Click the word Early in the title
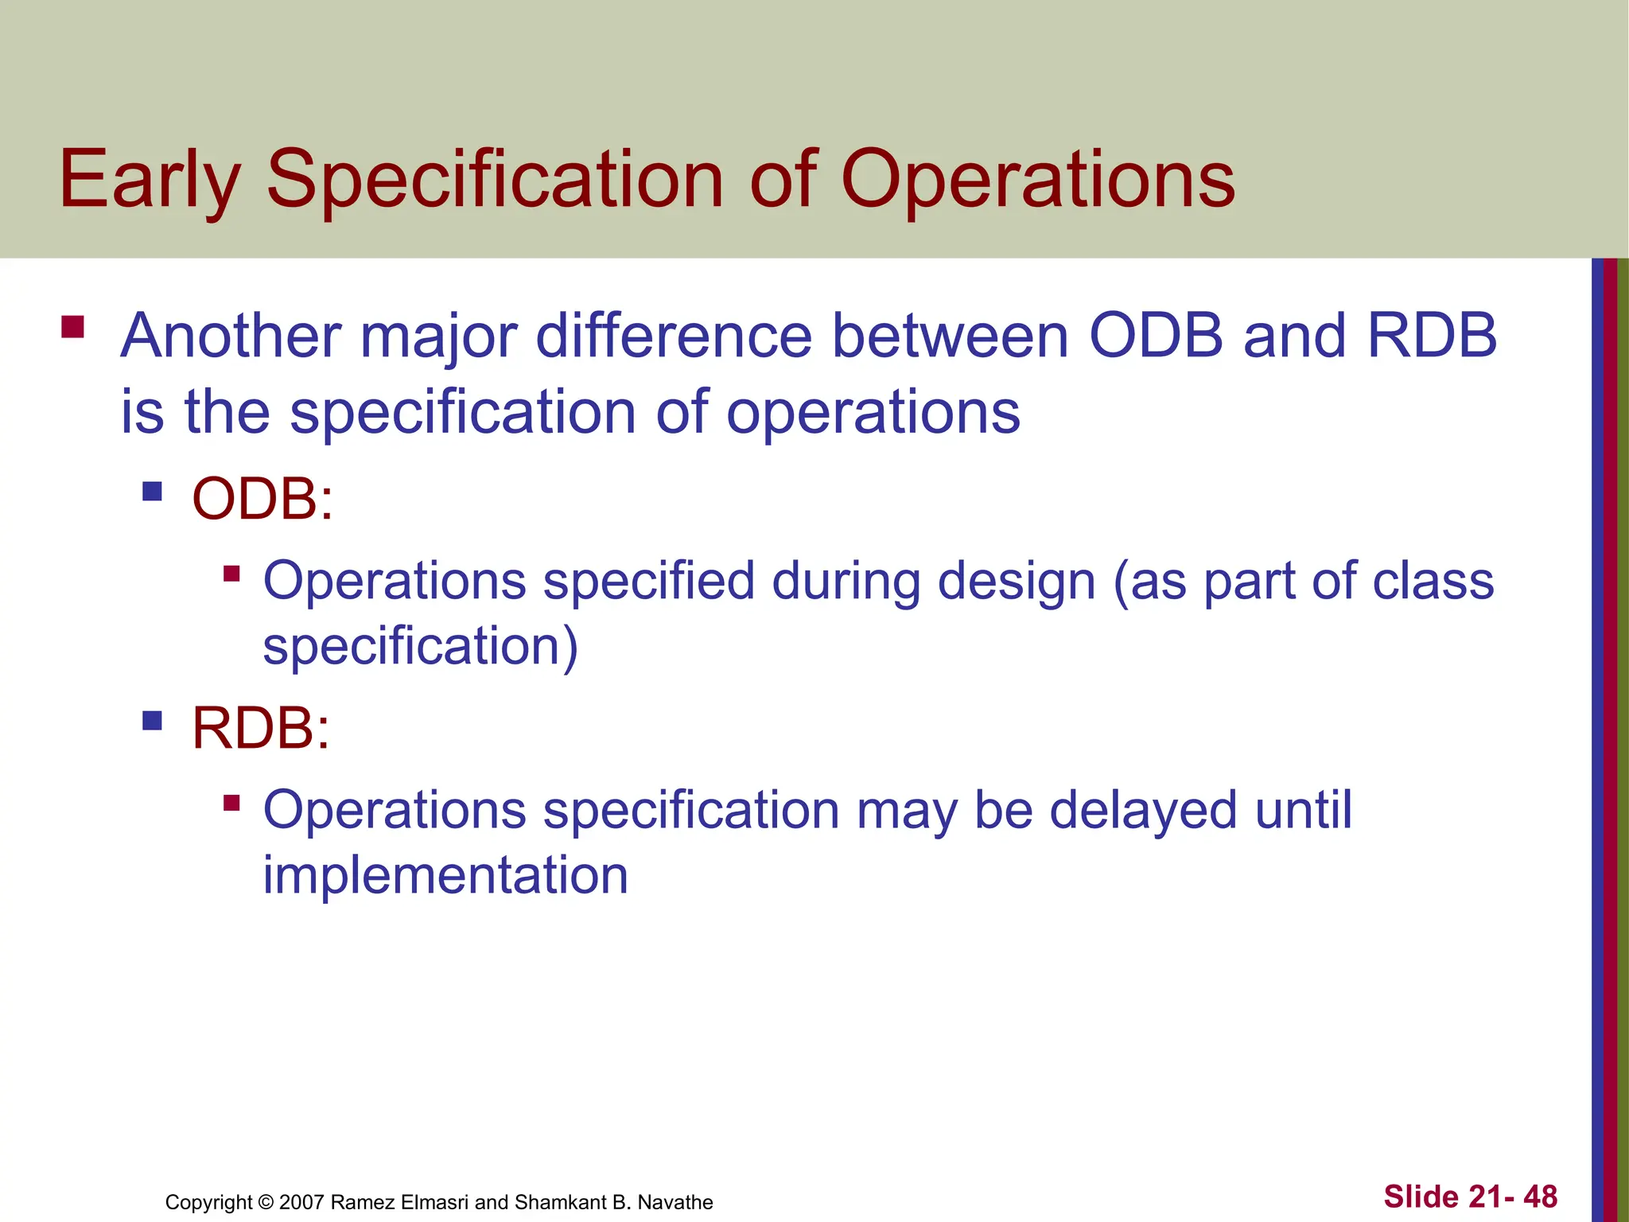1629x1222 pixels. [x=150, y=181]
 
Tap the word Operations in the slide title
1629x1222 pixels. [x=1037, y=181]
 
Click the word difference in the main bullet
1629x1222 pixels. [x=674, y=336]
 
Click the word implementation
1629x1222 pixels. [x=445, y=875]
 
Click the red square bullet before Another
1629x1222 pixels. [x=72, y=328]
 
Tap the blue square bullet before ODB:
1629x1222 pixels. [x=152, y=491]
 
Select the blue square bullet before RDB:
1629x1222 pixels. [x=152, y=721]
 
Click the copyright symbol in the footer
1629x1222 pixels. [x=266, y=1202]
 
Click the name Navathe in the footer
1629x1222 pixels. [x=675, y=1202]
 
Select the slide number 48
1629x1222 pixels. [x=1540, y=1197]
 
